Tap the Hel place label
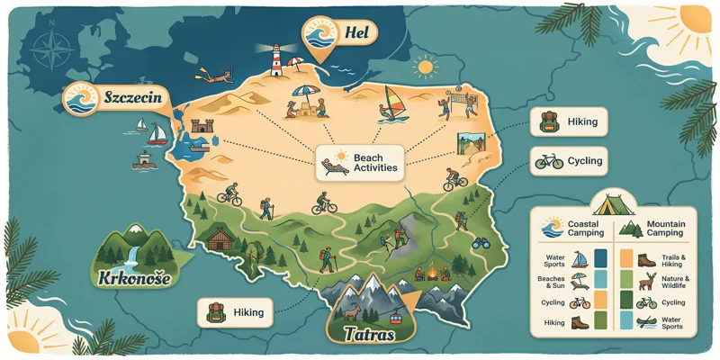click(x=350, y=34)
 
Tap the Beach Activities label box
click(x=361, y=162)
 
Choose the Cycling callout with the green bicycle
click(x=566, y=162)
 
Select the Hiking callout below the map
click(x=237, y=312)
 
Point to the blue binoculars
click(x=481, y=243)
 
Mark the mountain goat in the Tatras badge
click(x=355, y=313)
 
